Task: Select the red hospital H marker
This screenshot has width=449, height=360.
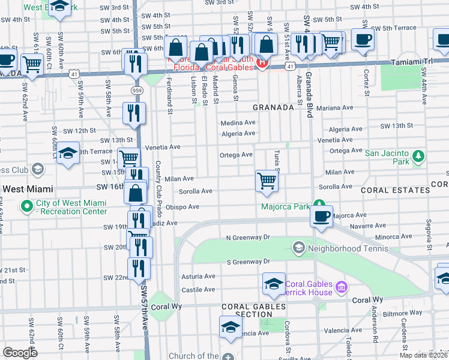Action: (262, 62)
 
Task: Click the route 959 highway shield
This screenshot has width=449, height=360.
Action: (137, 89)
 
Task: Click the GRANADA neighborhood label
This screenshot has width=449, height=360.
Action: (273, 107)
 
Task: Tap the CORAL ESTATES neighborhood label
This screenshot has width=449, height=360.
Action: (398, 190)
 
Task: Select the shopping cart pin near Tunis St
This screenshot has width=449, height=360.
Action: (267, 181)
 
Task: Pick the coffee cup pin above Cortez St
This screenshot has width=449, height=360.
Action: (363, 40)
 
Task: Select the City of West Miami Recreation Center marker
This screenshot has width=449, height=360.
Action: (27, 207)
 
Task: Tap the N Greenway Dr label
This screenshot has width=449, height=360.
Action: (247, 238)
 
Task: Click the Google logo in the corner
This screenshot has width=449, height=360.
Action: (20, 353)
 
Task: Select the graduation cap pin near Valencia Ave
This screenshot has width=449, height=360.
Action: (230, 328)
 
